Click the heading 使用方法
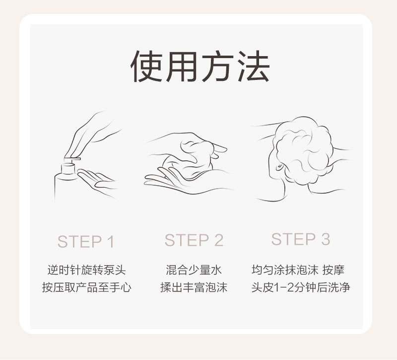200,67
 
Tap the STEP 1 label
86,241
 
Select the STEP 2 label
194,240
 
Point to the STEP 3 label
301,239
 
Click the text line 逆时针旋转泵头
86,270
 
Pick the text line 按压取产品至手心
86,288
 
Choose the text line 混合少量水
194,270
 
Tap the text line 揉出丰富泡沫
194,288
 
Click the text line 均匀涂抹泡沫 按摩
298,270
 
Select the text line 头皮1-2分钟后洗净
301,288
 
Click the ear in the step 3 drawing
279,166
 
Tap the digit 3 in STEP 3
326,239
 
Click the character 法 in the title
254,67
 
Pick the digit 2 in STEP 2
219,240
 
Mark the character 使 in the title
146,67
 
